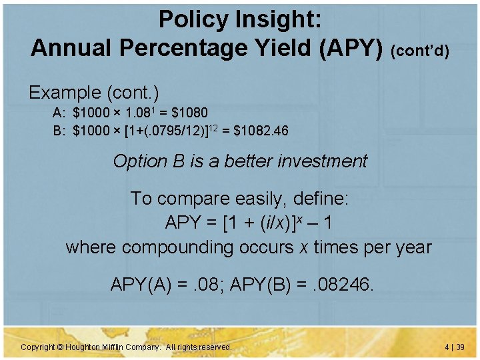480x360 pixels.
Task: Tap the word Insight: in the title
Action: (x=281, y=19)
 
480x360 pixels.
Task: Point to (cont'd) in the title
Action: (x=420, y=50)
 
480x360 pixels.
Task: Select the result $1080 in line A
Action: (x=189, y=112)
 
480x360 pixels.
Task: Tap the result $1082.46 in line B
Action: (x=261, y=130)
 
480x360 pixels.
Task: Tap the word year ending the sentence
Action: (x=412, y=247)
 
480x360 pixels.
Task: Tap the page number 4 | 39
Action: (x=453, y=347)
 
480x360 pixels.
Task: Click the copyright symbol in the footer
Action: (x=59, y=347)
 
